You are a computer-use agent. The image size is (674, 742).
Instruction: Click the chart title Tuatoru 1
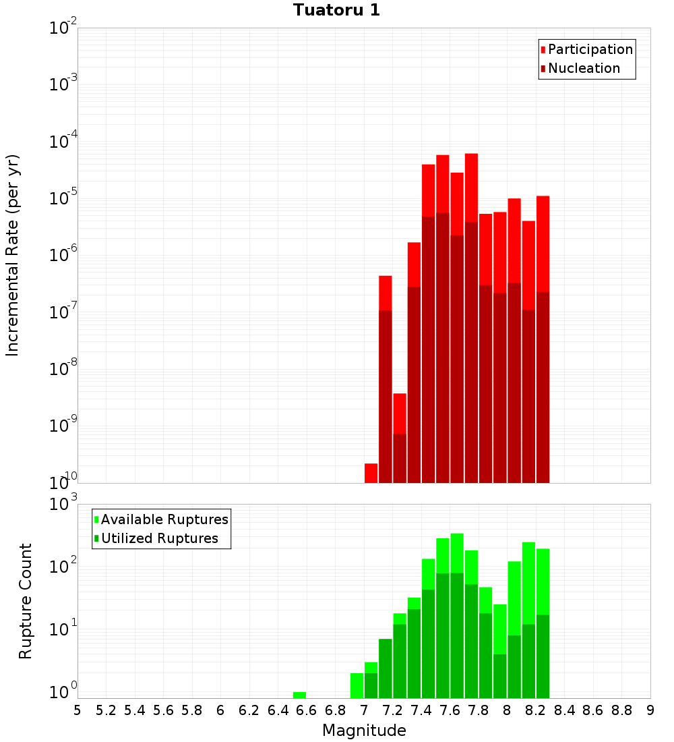click(336, 10)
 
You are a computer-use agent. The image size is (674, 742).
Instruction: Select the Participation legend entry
click(590, 49)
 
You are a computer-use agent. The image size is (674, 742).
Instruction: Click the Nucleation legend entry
click(583, 68)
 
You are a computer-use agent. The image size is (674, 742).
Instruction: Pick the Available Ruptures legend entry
click(164, 519)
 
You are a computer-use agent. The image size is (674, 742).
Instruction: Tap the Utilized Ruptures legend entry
click(159, 538)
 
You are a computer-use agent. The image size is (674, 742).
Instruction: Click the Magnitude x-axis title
click(364, 731)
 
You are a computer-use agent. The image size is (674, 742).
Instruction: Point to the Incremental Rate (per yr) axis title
click(13, 255)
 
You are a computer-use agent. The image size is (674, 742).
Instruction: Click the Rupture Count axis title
click(26, 600)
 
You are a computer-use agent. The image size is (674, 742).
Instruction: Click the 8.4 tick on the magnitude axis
click(564, 710)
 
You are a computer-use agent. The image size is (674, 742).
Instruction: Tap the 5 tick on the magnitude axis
click(78, 710)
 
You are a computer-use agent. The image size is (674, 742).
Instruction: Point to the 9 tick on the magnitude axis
click(650, 710)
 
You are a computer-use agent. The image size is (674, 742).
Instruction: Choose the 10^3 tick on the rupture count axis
click(63, 504)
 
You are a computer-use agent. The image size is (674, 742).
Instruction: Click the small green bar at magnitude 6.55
click(299, 695)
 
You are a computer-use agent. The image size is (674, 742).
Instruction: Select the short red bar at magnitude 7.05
click(371, 473)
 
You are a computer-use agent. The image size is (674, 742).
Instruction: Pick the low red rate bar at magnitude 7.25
click(400, 413)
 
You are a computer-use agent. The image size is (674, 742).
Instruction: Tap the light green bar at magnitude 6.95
click(357, 685)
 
